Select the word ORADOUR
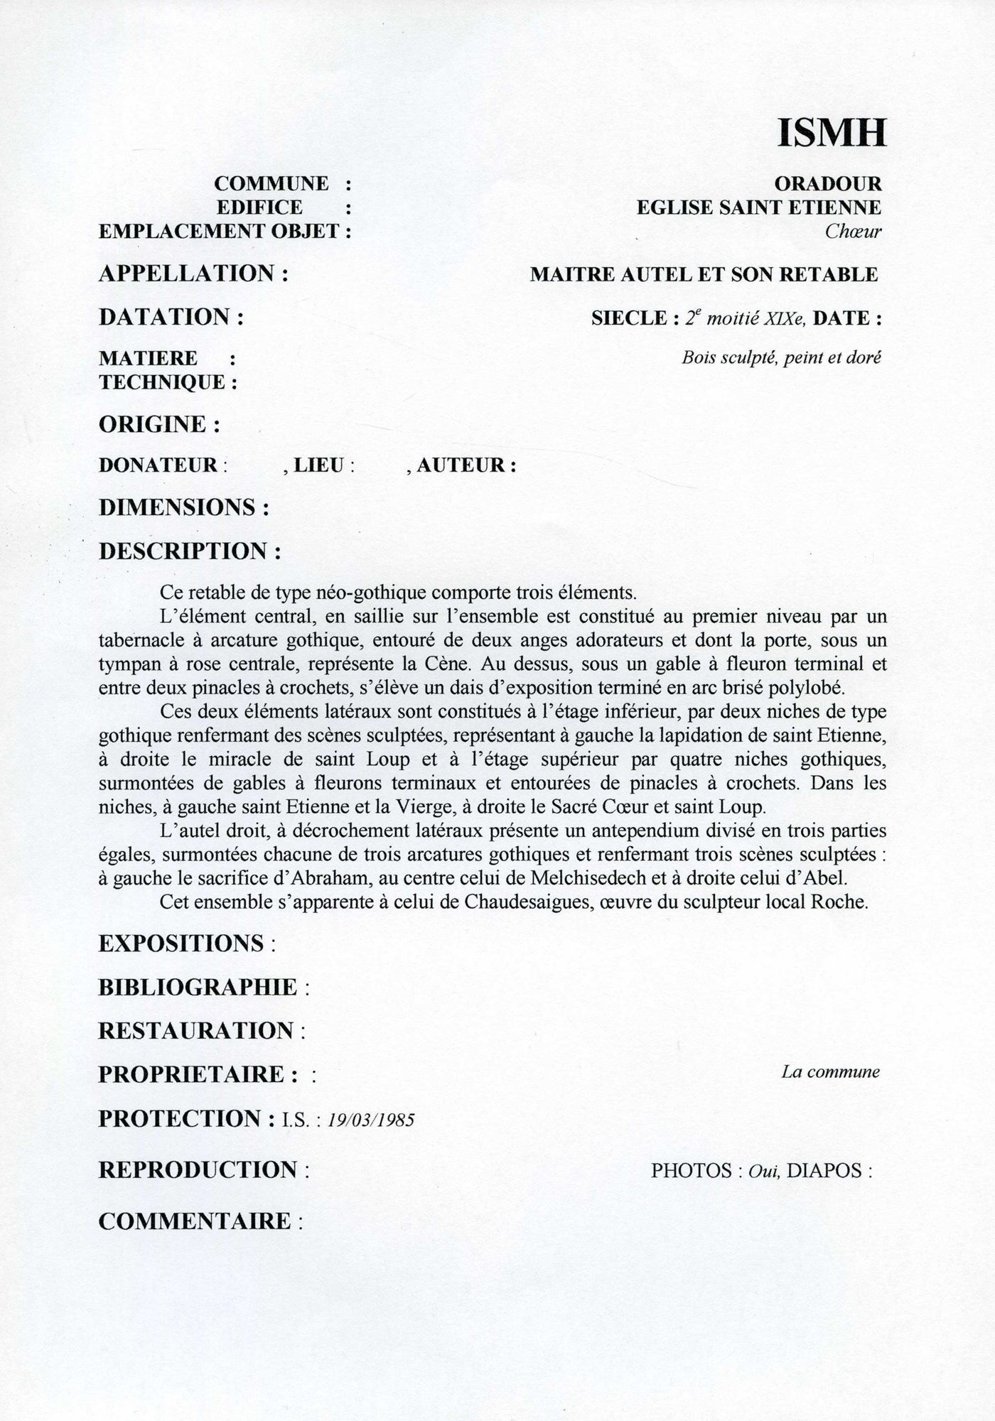(x=827, y=184)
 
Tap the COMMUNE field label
(x=271, y=184)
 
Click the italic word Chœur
(x=853, y=231)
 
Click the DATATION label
(x=164, y=317)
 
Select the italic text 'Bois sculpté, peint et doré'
(x=781, y=357)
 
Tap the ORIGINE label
(x=153, y=424)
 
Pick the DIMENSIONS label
(x=177, y=507)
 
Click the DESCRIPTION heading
(x=183, y=551)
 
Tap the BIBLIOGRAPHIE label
(x=198, y=987)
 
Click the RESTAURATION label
(x=195, y=1030)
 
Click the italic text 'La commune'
(x=830, y=1071)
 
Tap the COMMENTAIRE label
(x=195, y=1221)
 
